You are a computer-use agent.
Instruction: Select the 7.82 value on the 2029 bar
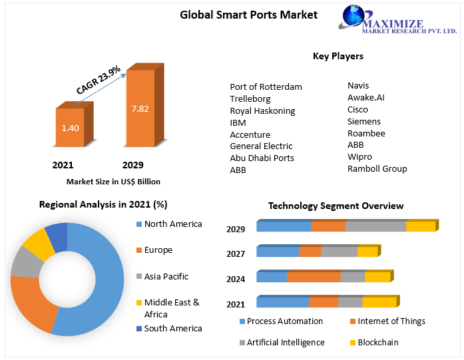[x=140, y=108]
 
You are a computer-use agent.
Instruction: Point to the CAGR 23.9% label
[x=99, y=79]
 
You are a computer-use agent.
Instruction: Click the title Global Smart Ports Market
[x=249, y=15]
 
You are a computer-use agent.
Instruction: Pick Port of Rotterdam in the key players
[x=266, y=87]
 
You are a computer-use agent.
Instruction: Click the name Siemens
[x=364, y=122]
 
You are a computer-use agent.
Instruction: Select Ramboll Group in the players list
[x=377, y=169]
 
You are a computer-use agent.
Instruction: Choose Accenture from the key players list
[x=250, y=134]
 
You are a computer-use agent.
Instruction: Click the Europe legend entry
[x=158, y=250]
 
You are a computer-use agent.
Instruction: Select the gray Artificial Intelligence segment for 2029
[x=375, y=227]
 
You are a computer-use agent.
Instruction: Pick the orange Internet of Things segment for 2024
[x=313, y=277]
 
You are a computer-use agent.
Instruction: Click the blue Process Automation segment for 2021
[x=282, y=303]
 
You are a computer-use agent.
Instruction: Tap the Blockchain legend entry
[x=378, y=343]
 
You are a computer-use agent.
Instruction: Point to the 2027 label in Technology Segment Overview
[x=236, y=254]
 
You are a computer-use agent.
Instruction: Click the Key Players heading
[x=338, y=57]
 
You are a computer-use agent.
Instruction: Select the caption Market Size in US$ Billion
[x=113, y=182]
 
